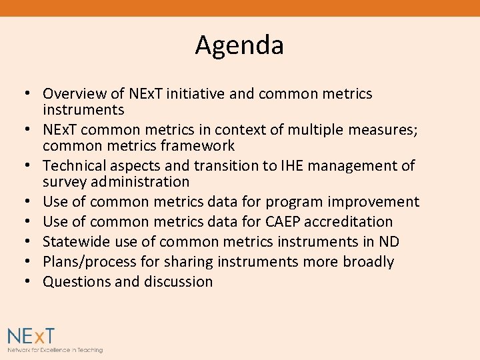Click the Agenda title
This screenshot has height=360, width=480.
tap(239, 45)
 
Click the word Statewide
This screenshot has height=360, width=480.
tap(77, 242)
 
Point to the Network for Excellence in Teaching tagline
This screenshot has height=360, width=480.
tap(55, 350)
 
